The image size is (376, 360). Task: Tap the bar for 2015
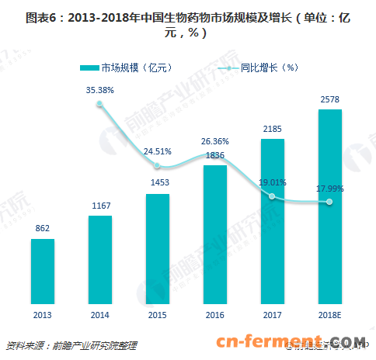point(157,249)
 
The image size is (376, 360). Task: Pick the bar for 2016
point(214,235)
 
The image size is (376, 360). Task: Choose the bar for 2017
point(272,222)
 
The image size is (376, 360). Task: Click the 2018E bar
point(329,207)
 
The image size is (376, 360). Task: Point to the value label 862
point(43,230)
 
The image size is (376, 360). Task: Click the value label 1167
point(100,206)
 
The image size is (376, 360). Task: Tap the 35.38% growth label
point(100,90)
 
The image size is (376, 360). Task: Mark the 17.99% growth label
point(329,188)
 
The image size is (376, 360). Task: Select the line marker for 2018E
point(329,202)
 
